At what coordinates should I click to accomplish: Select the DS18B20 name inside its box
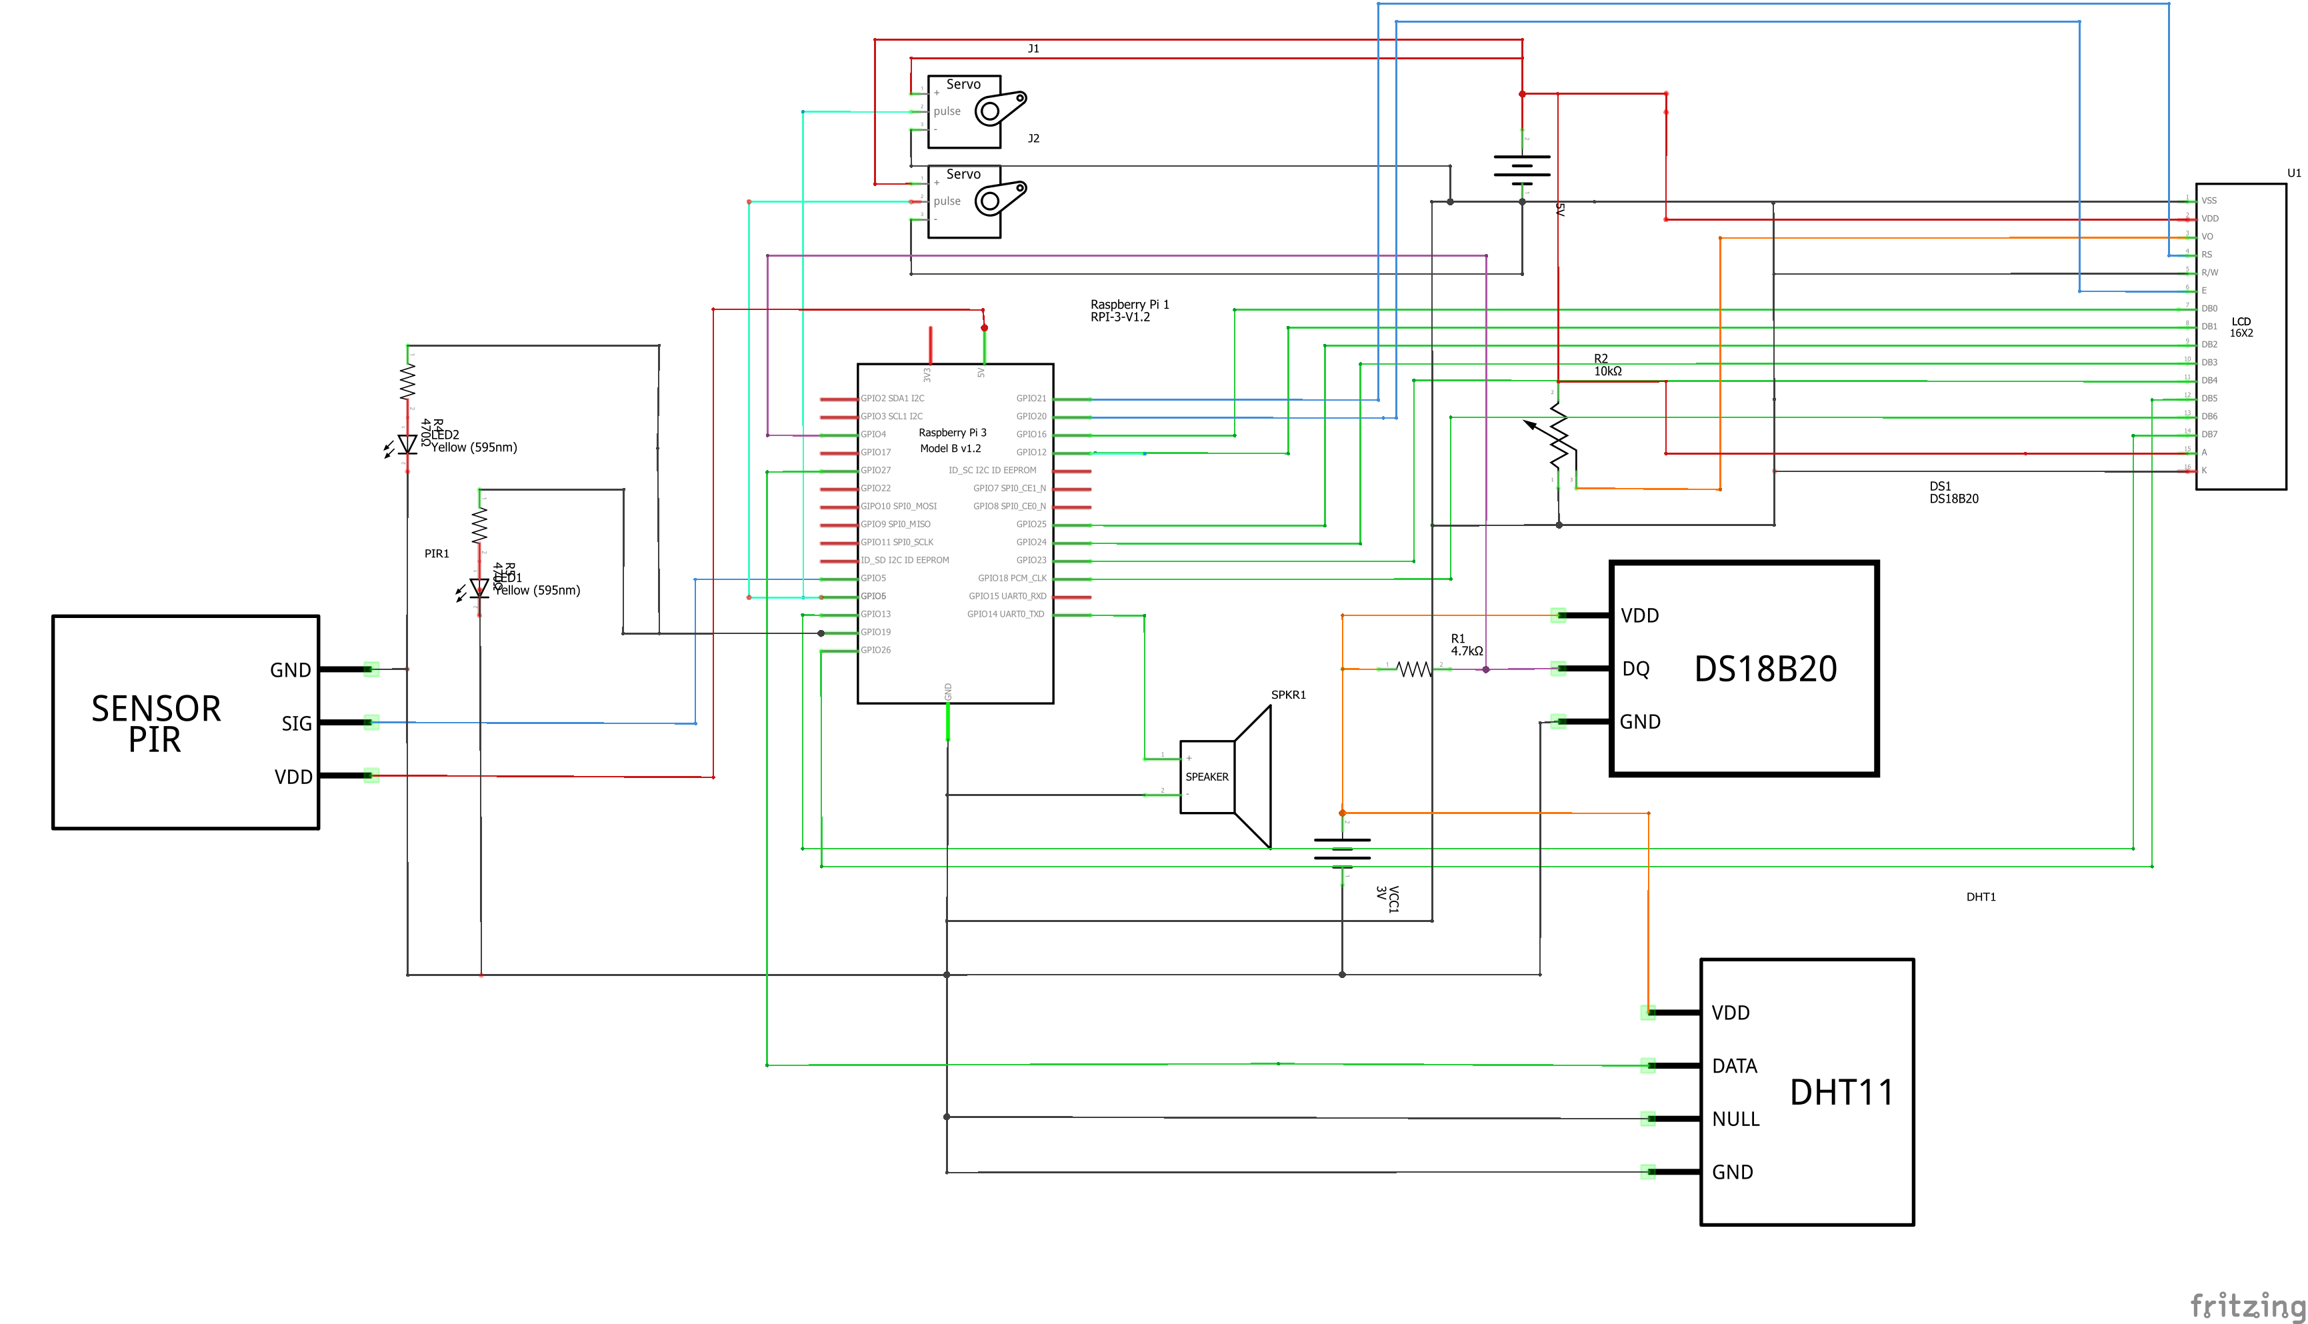coord(1764,669)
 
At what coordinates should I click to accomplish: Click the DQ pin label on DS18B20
coord(1635,669)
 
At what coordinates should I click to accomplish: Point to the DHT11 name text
coord(1841,1092)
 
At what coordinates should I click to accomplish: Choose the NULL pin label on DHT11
coord(1735,1119)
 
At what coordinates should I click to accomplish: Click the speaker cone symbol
coord(1253,777)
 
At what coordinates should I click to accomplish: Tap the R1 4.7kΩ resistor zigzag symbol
coord(1413,669)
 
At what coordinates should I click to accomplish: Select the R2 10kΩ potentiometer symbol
coord(1559,437)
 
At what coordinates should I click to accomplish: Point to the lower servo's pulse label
coord(947,201)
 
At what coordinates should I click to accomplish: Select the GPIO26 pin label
coord(876,650)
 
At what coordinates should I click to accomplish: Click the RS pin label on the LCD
coord(2206,255)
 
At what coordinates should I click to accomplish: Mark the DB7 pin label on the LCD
coord(2209,435)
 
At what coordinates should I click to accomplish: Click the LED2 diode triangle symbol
coord(407,444)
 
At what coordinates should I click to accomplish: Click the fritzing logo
coord(2246,1306)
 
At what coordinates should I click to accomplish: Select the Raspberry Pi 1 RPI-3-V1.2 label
coord(1129,311)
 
